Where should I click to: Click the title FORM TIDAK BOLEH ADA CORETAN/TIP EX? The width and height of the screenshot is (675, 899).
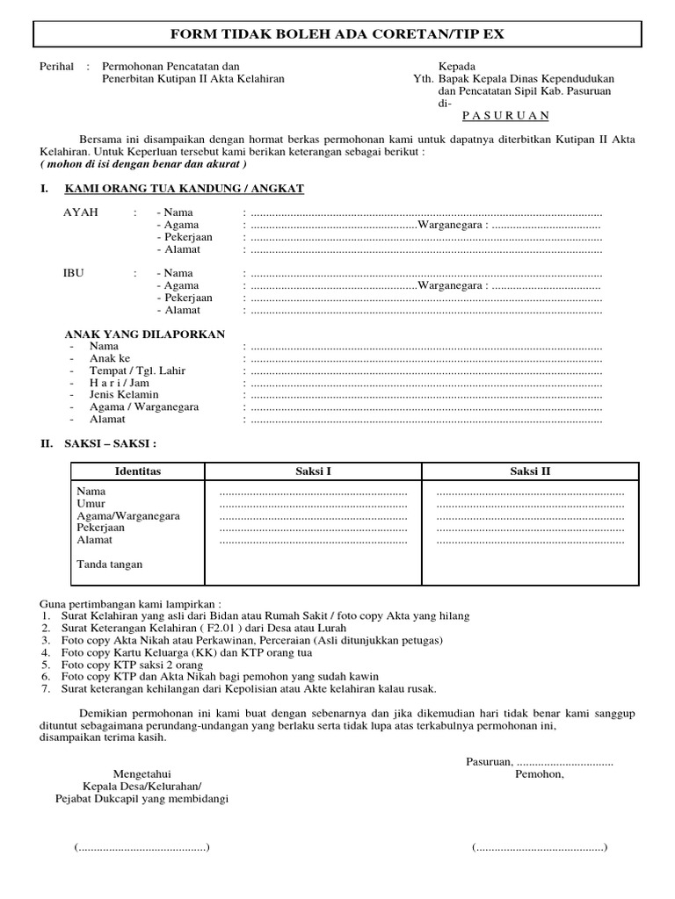(x=337, y=34)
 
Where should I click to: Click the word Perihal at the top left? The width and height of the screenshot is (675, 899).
(x=57, y=67)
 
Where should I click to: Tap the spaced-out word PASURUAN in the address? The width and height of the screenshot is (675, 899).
(x=505, y=115)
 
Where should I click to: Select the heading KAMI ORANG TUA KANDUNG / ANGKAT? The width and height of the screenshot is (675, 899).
(x=185, y=189)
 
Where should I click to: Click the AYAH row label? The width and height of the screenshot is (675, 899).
(x=81, y=213)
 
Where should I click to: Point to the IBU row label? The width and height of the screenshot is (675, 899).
(x=73, y=274)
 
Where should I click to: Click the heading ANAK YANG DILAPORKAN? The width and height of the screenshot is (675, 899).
(x=145, y=334)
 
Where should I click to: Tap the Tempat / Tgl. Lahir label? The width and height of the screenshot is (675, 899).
(x=137, y=371)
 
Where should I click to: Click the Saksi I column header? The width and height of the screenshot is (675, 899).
(x=313, y=471)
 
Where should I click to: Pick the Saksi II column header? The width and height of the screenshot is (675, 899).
(x=530, y=471)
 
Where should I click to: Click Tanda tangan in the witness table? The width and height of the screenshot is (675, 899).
(x=109, y=565)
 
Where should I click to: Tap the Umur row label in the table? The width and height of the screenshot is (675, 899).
(x=91, y=504)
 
